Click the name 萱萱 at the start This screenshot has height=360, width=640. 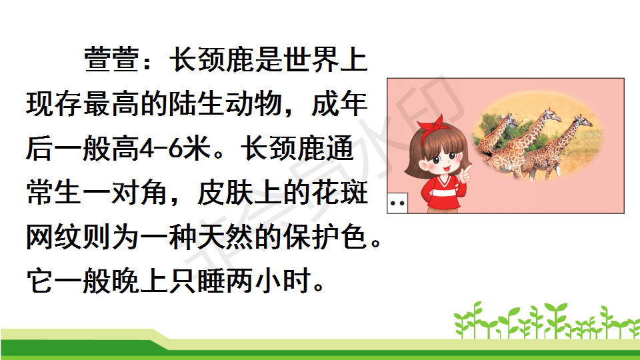coord(112,59)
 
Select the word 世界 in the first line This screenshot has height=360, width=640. coord(311,59)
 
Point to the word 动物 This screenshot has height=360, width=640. coord(254,104)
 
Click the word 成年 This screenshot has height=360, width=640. coord(339,104)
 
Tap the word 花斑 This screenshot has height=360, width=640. coord(339,193)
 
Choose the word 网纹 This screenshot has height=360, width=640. coord(55,237)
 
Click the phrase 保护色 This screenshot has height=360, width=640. coord(325,237)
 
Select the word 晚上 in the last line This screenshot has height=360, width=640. coord(140,281)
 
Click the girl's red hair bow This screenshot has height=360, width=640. coord(432,127)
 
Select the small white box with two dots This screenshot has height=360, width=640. coord(397,203)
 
